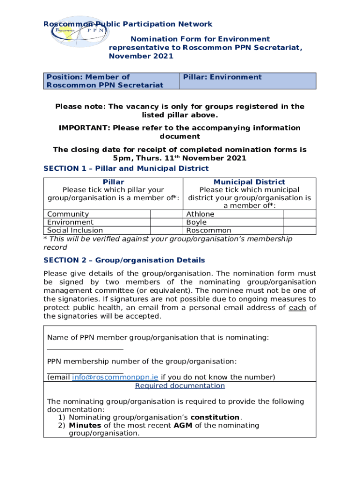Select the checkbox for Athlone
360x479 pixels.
[300, 214]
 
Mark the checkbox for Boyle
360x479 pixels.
[300, 222]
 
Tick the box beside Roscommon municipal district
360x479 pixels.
[300, 230]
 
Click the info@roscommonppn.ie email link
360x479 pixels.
[115, 377]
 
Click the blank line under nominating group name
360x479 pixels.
[85, 348]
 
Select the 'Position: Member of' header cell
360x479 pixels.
[111, 81]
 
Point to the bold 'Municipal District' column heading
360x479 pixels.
[249, 182]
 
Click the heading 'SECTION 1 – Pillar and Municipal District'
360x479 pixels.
[126, 168]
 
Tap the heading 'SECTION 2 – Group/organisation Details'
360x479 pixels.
[124, 260]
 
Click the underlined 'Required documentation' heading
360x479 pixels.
[180, 386]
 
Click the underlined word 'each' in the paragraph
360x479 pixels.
[297, 307]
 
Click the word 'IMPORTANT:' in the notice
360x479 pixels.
[84, 128]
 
